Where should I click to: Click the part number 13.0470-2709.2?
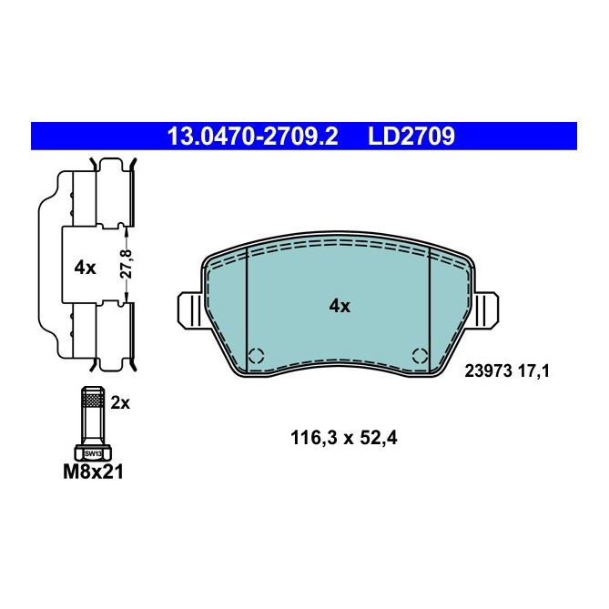(251, 137)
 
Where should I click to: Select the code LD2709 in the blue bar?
(411, 137)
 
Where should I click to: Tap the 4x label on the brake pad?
(339, 307)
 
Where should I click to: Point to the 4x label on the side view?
(85, 268)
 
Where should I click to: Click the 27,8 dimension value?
(127, 265)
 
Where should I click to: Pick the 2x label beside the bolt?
(120, 403)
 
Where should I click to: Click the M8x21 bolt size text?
(92, 472)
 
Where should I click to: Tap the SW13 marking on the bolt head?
(92, 452)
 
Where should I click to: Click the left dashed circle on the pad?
(256, 356)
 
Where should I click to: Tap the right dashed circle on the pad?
(420, 356)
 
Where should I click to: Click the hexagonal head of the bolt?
(92, 452)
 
